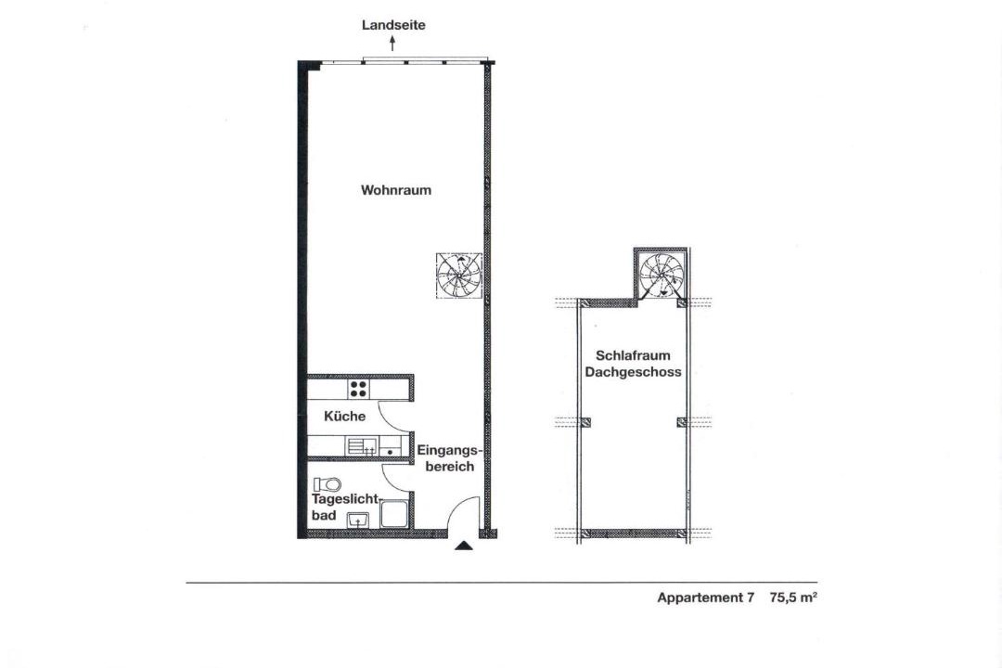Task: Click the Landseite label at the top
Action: pos(393,25)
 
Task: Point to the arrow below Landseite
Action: pos(393,43)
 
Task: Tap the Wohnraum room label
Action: pos(396,190)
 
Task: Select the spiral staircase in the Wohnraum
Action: pos(459,276)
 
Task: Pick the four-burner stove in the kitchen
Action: pos(358,389)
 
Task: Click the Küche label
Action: pos(345,417)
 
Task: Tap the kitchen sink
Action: pos(362,445)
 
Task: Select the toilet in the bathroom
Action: pos(328,484)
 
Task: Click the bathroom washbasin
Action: pos(358,520)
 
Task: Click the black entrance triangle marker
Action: pos(464,546)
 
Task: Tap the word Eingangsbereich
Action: pos(449,458)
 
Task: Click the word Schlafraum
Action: pos(633,355)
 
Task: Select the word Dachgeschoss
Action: pos(634,372)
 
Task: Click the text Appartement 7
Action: pos(705,597)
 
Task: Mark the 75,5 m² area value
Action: pos(793,597)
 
